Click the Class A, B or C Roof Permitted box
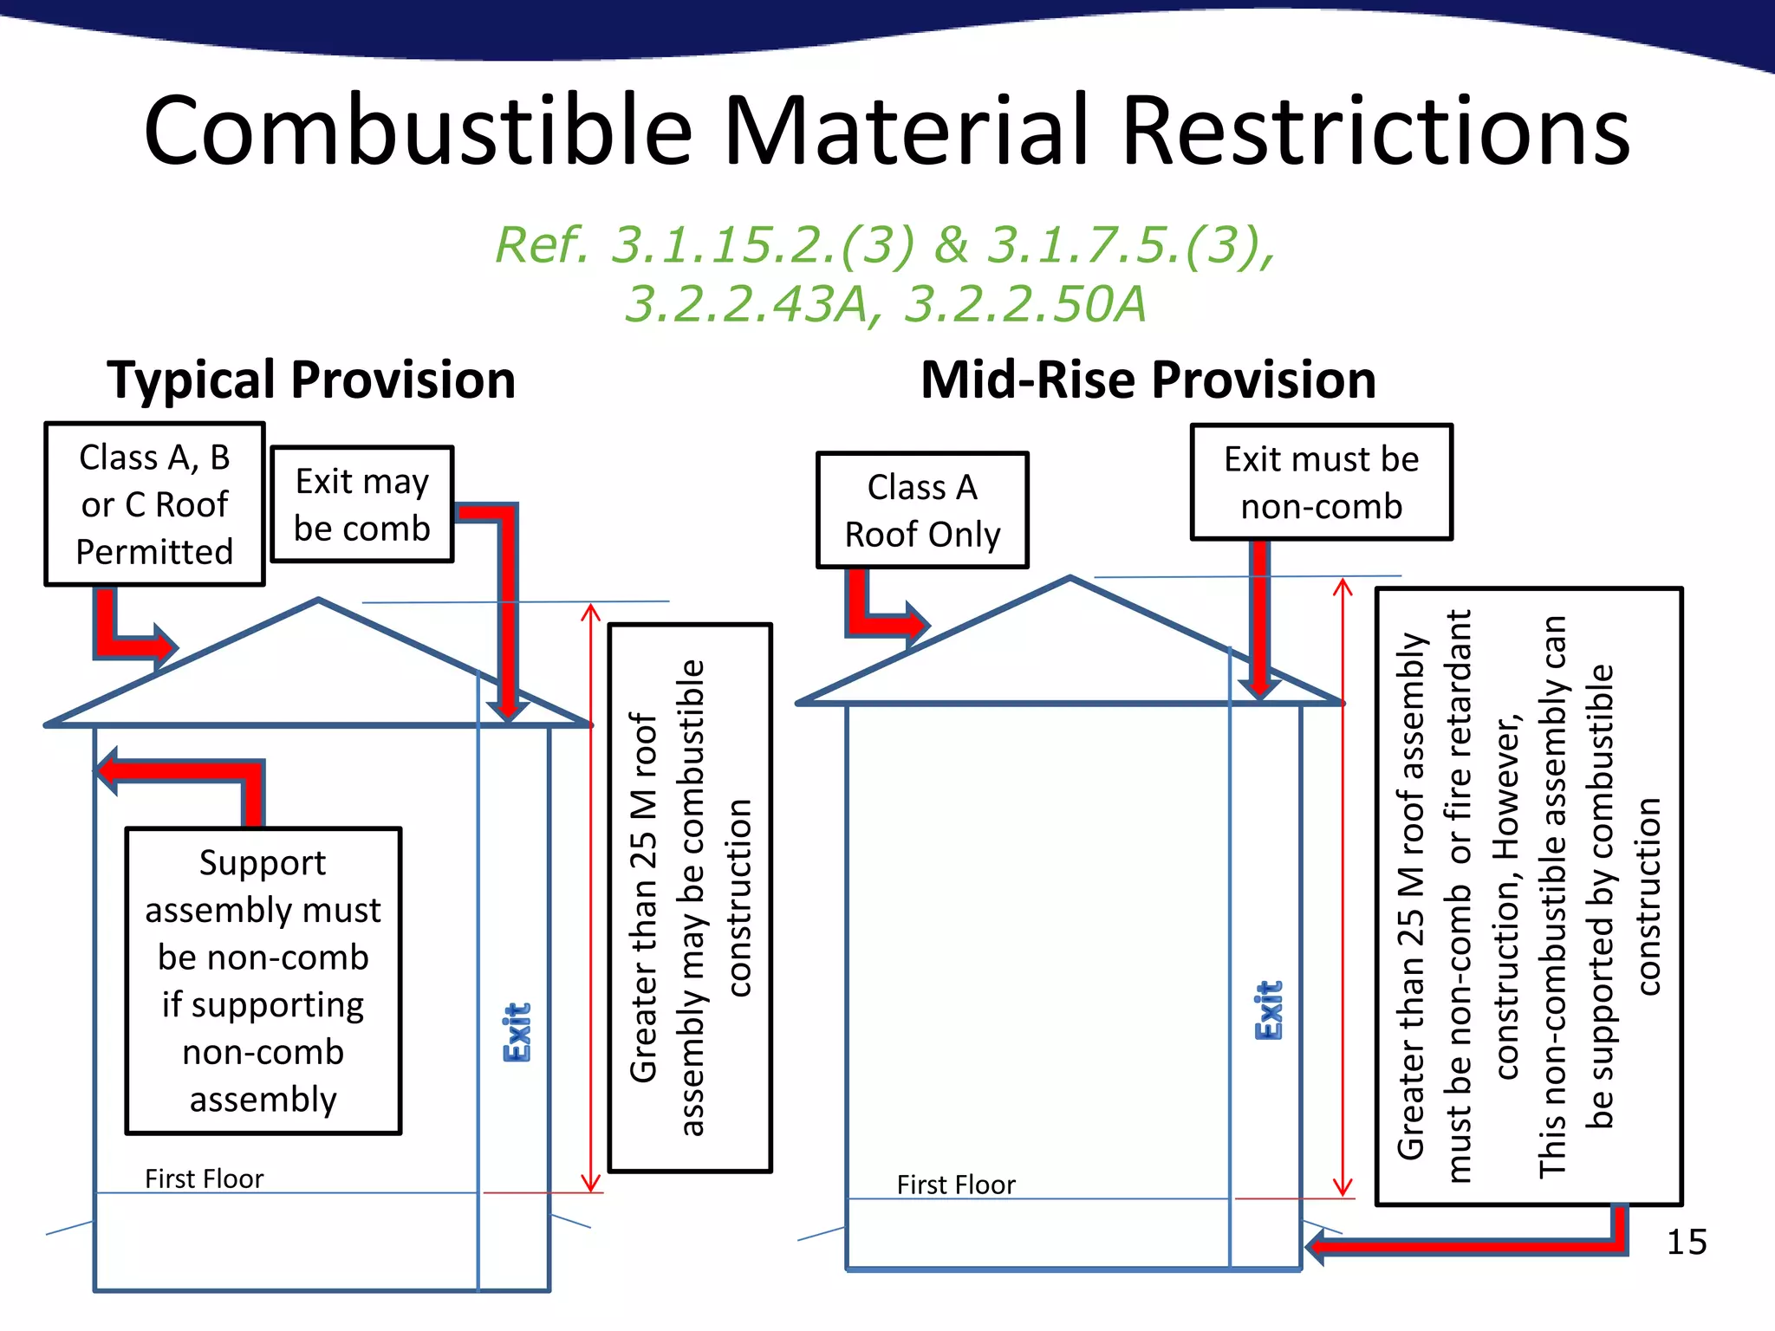pos(154,504)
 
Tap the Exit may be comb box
pos(362,504)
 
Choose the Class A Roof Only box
pos(922,510)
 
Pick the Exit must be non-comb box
pos(1321,482)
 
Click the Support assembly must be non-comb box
pos(263,980)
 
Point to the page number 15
pos(1686,1242)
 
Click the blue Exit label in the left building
pos(517,1032)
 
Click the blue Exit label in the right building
pos(1269,1010)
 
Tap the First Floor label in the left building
pos(204,1178)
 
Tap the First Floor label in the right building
pos(955,1185)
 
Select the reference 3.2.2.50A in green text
pos(1024,304)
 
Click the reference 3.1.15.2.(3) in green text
pos(763,245)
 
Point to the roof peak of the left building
pos(319,600)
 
